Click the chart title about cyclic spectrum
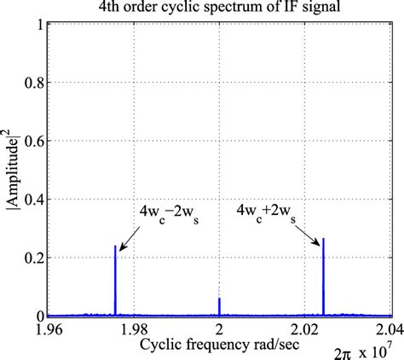click(220, 9)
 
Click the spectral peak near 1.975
click(115, 282)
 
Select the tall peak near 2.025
click(324, 277)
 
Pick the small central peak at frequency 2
click(219, 307)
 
